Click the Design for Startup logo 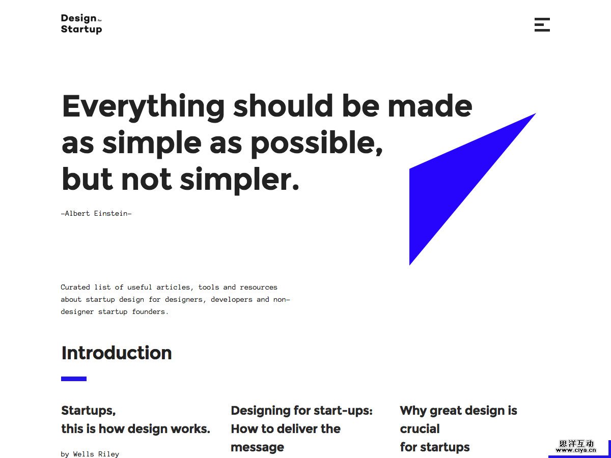click(81, 24)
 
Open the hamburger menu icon click(542, 25)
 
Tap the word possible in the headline click(317, 144)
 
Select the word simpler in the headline click(239, 180)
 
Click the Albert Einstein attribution click(96, 214)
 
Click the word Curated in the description click(75, 287)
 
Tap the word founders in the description click(150, 312)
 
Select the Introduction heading click(117, 353)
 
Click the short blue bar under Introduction click(74, 379)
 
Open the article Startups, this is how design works click(135, 420)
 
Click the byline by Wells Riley click(90, 454)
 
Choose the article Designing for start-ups click(302, 429)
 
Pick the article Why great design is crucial click(458, 429)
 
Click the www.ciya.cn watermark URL click(576, 450)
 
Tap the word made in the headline click(430, 106)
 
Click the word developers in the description click(231, 300)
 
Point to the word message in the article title click(258, 447)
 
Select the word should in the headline click(283, 106)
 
